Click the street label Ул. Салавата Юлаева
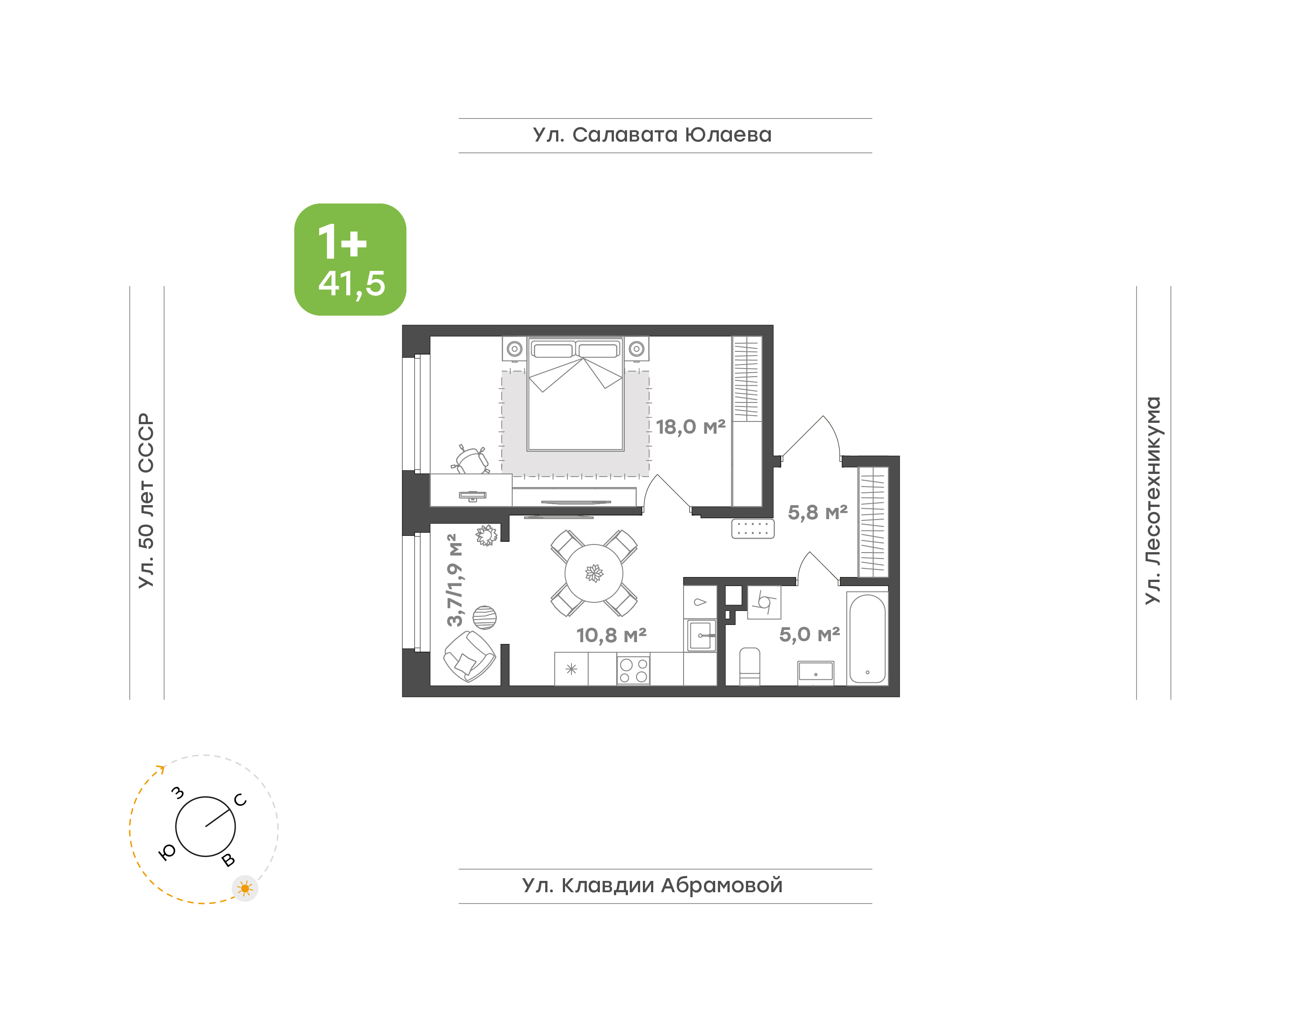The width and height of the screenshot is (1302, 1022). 652,135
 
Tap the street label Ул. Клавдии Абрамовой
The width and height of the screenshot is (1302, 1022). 652,885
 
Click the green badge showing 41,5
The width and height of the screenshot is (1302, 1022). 350,259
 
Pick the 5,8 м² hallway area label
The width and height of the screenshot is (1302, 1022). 817,512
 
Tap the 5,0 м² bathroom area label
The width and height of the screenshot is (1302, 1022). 809,634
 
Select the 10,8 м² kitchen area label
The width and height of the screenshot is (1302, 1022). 611,635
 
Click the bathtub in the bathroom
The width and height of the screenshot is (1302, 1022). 867,638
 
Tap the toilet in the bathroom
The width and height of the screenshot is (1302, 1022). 750,667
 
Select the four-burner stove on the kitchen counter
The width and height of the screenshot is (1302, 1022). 633,670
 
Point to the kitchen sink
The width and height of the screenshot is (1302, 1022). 700,635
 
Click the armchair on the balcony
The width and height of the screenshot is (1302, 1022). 469,657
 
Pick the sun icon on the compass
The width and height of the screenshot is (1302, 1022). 245,889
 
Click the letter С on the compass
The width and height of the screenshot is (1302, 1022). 241,800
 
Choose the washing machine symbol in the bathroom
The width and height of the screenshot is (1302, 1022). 764,602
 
